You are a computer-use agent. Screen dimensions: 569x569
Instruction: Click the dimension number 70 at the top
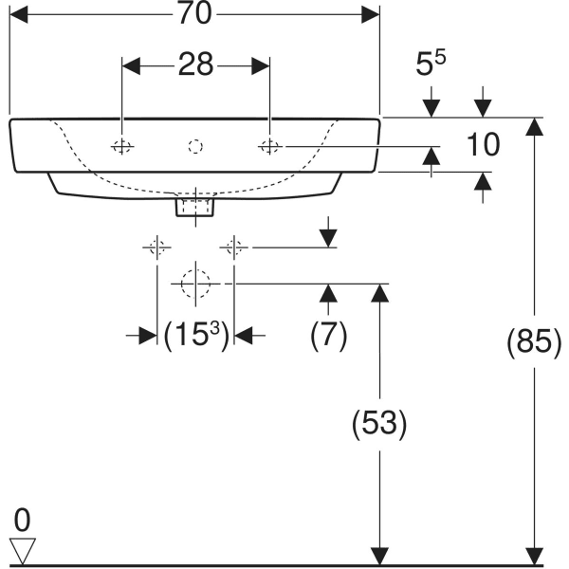pos(193,12)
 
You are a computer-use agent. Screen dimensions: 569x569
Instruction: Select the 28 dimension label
pos(195,64)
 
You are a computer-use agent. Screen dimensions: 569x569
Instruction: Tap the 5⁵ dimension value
pos(432,64)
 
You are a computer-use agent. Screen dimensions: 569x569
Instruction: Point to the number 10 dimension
pos(483,145)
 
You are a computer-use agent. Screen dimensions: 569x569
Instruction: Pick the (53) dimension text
pos(379,423)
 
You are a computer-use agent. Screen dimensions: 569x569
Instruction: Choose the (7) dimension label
pos(329,335)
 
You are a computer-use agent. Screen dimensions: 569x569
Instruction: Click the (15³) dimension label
pos(195,335)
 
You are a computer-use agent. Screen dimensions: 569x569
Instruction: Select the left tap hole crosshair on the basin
pos(122,146)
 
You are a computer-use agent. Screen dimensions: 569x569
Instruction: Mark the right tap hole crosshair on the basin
pos(269,146)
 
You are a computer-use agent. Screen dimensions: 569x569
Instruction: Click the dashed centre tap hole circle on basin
pos(195,146)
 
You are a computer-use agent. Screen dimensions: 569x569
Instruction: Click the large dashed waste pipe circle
pos(194,284)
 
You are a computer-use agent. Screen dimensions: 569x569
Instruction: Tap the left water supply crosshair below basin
pos(156,248)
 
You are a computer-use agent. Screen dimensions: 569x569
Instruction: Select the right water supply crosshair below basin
pos(234,248)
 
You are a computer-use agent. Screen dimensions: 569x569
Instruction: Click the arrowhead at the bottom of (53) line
pos(379,556)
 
